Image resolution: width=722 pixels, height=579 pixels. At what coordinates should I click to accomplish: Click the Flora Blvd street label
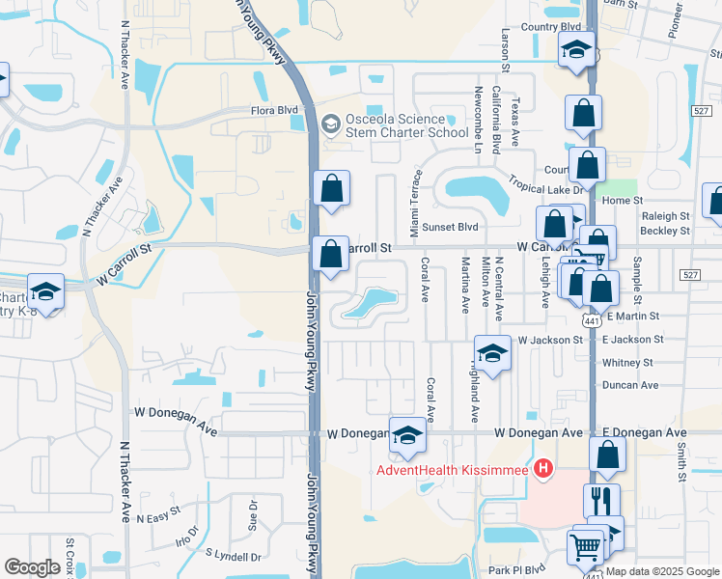pos(275,111)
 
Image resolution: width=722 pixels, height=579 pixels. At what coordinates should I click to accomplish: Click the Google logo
pos(32,567)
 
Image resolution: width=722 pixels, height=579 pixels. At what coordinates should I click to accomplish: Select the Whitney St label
pos(627,363)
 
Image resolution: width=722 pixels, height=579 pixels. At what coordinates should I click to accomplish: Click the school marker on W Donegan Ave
pos(407,436)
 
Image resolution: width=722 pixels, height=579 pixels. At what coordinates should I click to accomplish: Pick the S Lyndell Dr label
pos(233,556)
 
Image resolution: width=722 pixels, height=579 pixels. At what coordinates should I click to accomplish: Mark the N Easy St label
pos(158,518)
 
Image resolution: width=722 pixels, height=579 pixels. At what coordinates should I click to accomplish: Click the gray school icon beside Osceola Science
pos(331,124)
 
